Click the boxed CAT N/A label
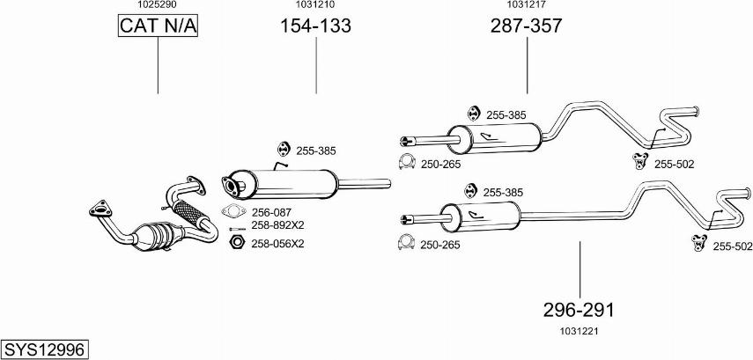click(x=159, y=27)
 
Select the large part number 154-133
click(x=315, y=27)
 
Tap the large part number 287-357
click(x=526, y=27)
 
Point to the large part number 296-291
click(x=579, y=310)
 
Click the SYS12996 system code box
click(x=44, y=349)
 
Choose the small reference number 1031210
click(x=314, y=5)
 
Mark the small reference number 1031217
click(x=526, y=5)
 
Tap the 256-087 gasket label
click(x=272, y=212)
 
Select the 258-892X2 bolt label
click(x=277, y=226)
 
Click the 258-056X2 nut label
click(x=277, y=244)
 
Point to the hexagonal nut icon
click(x=235, y=243)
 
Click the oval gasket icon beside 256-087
click(x=233, y=211)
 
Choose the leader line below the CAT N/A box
click(x=159, y=66)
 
